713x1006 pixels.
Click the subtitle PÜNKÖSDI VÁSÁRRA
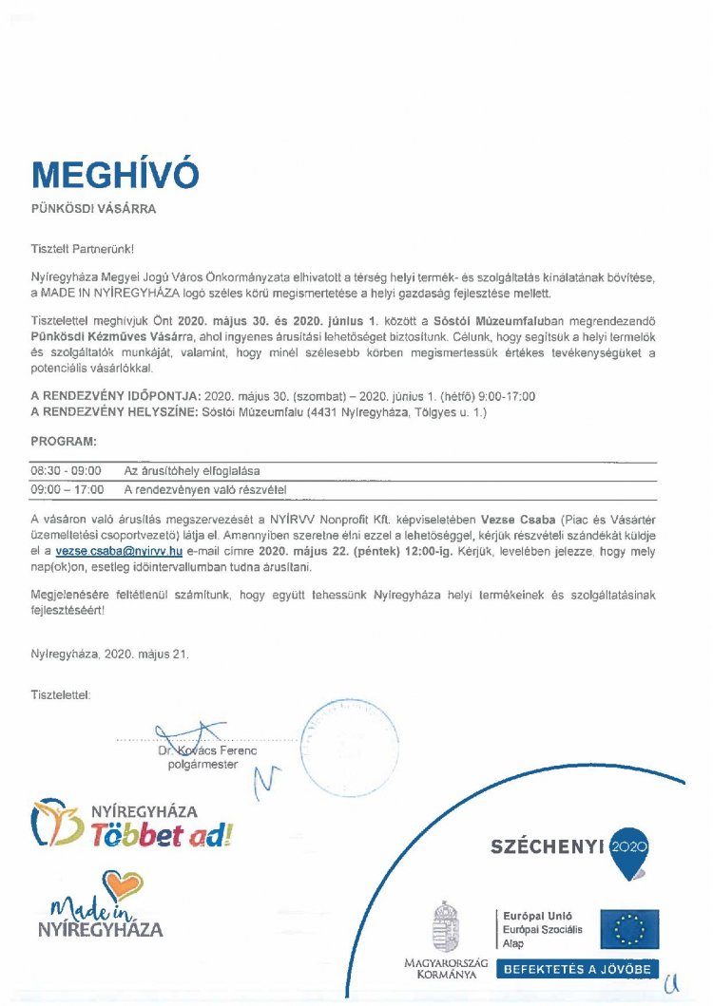93,209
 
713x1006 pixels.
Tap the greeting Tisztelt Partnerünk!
83,247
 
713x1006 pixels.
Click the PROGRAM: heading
64,443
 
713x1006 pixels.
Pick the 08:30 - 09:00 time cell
67,470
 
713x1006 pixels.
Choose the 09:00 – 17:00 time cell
67,490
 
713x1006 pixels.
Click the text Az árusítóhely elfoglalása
192,470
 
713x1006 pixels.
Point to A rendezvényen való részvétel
205,490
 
